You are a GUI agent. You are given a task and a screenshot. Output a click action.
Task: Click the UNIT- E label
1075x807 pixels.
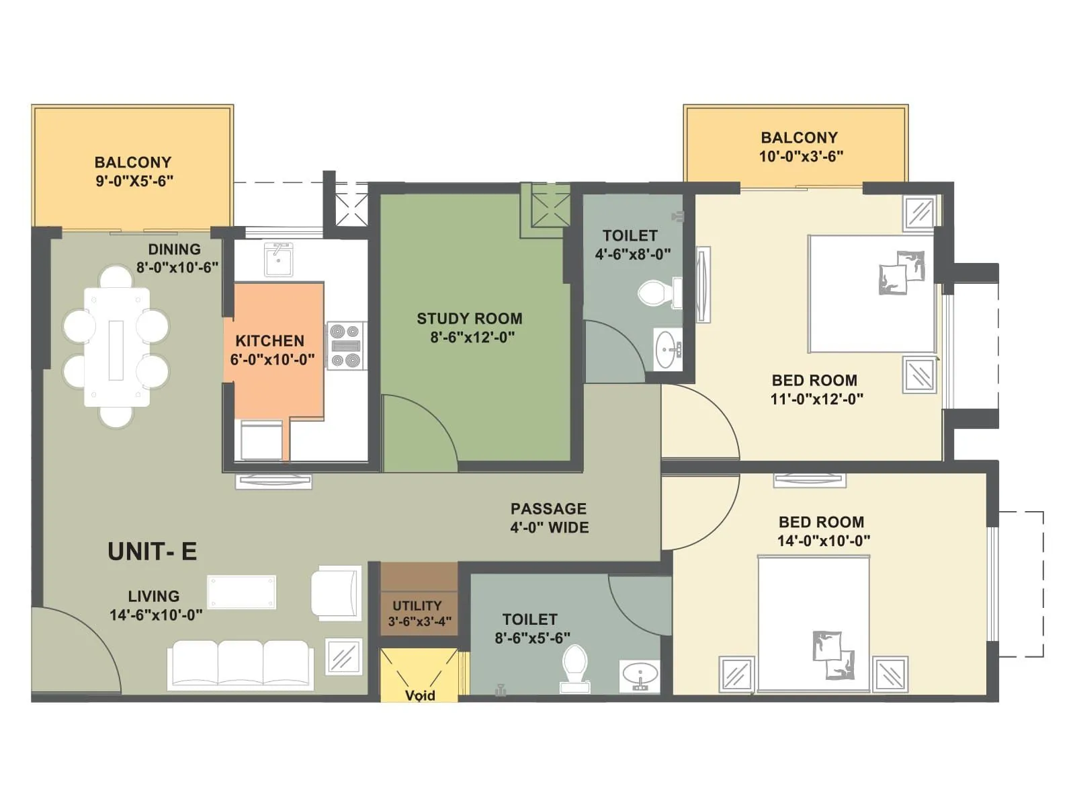[152, 551]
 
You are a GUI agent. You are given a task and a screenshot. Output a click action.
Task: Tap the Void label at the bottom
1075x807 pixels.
[420, 695]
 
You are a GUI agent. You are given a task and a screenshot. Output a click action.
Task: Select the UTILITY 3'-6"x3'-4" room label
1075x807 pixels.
[418, 613]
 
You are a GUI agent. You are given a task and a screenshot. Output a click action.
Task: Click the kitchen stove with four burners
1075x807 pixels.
[346, 346]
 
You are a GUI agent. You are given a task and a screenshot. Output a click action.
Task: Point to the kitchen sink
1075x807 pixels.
[278, 260]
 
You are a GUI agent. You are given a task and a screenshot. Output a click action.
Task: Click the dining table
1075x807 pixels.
[116, 348]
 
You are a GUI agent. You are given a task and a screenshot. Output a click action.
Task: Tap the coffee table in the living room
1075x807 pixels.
[241, 592]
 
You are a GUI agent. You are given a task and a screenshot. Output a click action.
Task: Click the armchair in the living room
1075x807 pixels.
[335, 592]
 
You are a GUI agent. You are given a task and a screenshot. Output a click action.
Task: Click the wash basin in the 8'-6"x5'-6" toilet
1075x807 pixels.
[640, 675]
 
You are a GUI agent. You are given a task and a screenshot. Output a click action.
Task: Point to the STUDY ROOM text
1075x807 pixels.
[469, 319]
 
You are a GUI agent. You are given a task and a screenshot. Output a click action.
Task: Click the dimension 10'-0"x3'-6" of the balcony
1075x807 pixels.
[801, 157]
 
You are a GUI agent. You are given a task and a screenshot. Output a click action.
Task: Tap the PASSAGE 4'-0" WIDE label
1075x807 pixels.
[549, 518]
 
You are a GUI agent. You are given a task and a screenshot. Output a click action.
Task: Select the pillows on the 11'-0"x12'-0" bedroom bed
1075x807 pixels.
[902, 272]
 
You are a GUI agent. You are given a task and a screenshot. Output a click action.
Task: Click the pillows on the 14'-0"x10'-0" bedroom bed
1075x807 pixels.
[833, 654]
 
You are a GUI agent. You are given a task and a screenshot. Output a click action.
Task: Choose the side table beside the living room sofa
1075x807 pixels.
[343, 656]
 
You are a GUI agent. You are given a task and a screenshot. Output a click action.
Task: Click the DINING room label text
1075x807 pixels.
[174, 249]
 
